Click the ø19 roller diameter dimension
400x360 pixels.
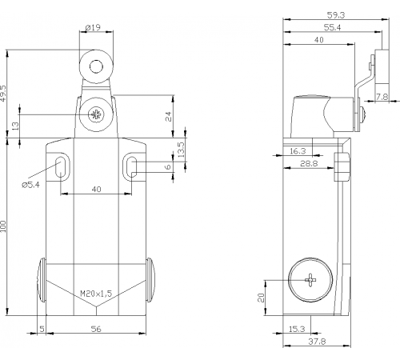93,27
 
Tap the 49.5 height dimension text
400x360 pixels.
3,94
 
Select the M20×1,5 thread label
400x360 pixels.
96,294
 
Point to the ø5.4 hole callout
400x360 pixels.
31,185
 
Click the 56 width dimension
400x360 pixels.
96,329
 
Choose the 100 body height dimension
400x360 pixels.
3,226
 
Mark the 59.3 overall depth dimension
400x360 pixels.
336,15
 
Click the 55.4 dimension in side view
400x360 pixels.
332,27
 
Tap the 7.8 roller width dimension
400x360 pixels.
382,97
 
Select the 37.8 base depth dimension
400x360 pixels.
317,342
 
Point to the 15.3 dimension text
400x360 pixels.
297,329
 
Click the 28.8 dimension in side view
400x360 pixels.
309,163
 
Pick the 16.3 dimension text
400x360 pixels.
298,151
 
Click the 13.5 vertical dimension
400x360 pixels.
181,150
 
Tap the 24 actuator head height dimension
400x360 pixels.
169,117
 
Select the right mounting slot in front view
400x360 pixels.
131,167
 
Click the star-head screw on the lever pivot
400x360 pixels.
96,114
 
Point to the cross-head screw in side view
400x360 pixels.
310,280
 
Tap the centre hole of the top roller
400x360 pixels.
96,66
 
